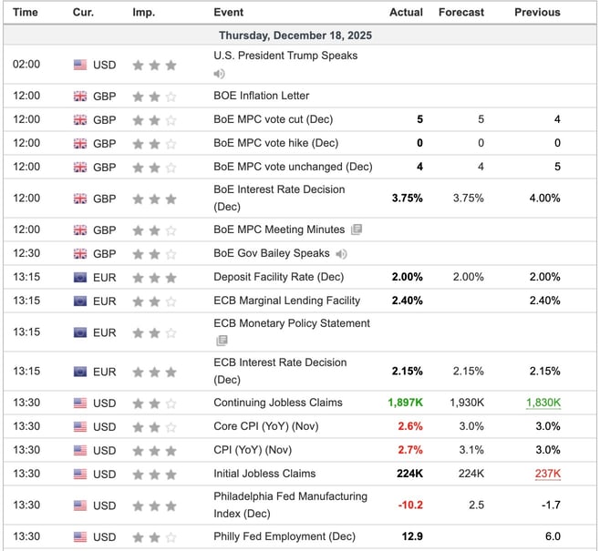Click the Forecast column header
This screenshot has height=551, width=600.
(460, 12)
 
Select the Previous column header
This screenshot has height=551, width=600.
(536, 12)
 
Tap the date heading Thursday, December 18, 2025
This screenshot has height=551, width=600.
(295, 36)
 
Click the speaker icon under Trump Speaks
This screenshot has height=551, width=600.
(219, 73)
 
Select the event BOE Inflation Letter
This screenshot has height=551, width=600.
(261, 96)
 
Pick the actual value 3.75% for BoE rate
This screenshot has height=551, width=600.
(406, 199)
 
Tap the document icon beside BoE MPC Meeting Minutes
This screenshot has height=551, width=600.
(356, 230)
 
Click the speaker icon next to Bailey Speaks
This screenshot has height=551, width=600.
(341, 253)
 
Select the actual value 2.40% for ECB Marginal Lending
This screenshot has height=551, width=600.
(406, 301)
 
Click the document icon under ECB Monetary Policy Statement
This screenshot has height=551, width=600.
(221, 341)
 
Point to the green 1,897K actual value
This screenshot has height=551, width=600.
(405, 403)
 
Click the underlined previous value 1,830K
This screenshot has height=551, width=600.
(542, 403)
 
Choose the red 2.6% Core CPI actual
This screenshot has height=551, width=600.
(409, 426)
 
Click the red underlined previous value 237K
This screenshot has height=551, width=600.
(547, 474)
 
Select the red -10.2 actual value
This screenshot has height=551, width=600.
(408, 505)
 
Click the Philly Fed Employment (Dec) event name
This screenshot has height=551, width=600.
(284, 536)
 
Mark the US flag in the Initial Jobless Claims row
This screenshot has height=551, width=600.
(81, 474)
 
